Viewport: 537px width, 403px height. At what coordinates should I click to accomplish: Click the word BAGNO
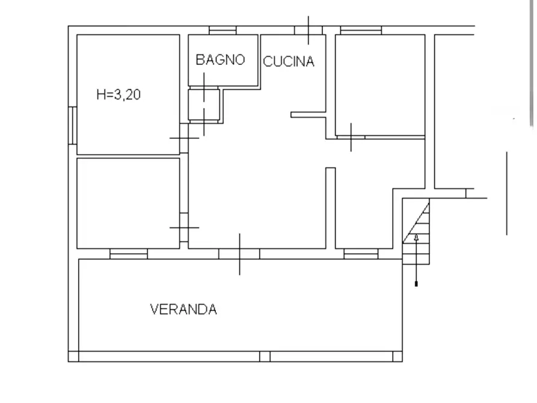click(220, 60)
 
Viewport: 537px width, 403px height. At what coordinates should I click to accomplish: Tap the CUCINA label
click(289, 61)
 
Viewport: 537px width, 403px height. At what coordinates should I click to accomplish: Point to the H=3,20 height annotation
click(118, 94)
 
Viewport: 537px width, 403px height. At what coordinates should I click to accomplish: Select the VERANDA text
click(183, 310)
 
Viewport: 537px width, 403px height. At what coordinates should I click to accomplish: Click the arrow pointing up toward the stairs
click(416, 259)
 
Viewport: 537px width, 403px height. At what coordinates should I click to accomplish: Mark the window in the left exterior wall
click(72, 125)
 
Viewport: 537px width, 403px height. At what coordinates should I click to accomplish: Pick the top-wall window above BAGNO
click(222, 30)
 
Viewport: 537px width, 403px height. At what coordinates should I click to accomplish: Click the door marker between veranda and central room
click(239, 254)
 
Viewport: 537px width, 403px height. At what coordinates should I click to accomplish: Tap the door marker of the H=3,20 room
click(184, 138)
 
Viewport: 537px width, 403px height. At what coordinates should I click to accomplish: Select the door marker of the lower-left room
click(184, 227)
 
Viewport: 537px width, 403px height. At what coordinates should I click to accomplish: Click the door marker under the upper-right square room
click(351, 138)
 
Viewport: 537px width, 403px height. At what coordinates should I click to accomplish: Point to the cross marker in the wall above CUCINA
click(308, 30)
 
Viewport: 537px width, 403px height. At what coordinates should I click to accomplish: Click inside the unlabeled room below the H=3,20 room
click(128, 202)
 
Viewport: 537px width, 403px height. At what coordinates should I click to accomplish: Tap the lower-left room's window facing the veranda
click(129, 254)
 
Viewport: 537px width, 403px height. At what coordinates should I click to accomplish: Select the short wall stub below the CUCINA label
click(308, 114)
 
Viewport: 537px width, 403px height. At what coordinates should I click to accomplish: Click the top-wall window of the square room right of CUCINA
click(361, 30)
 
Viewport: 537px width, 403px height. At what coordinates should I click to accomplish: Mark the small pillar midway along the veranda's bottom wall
click(265, 357)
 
